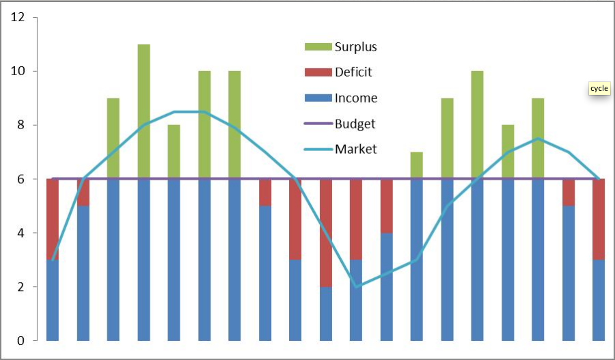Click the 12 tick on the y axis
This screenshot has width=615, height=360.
click(x=18, y=18)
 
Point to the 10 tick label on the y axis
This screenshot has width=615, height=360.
click(x=18, y=72)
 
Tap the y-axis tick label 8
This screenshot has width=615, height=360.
click(x=20, y=126)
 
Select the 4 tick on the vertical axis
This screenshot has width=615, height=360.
click(x=20, y=233)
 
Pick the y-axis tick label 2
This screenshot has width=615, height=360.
click(x=20, y=287)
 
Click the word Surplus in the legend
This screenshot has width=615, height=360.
click(x=355, y=47)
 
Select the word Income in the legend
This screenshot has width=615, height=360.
click(x=355, y=98)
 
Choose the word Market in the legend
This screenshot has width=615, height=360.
click(x=355, y=149)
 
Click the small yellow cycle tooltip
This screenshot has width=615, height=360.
click(x=599, y=89)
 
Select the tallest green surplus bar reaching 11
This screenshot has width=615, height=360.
click(x=143, y=111)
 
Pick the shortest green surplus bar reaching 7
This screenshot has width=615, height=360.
click(x=416, y=165)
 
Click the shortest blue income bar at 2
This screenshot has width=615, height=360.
click(x=326, y=314)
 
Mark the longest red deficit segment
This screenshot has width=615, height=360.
click(x=326, y=233)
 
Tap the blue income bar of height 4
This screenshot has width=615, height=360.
click(x=386, y=287)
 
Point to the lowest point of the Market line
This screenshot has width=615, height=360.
click(x=356, y=286)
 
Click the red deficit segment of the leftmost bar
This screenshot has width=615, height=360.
click(x=53, y=219)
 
